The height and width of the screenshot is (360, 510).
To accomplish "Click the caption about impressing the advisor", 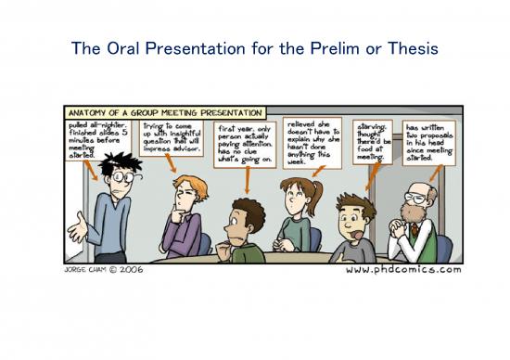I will coord(173,136).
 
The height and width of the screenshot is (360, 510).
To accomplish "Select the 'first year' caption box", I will coord(243,143).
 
